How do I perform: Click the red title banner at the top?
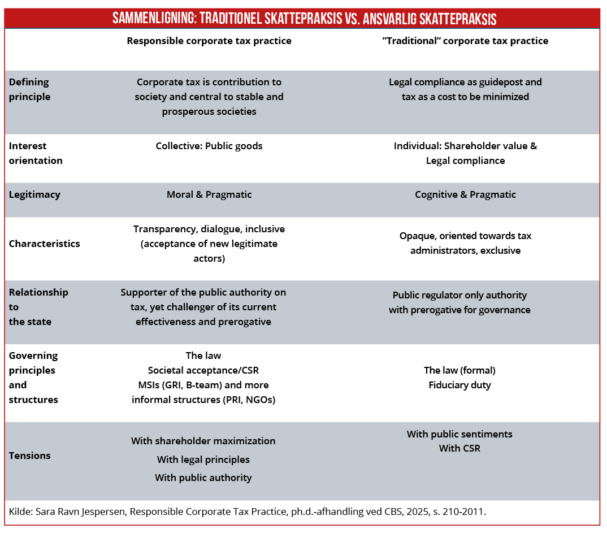303,18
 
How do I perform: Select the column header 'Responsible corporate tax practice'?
209,41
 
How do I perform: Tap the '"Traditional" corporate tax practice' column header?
465,41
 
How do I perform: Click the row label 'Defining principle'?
29,89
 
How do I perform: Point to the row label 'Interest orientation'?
36,153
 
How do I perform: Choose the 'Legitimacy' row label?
34,194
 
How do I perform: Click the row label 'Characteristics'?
44,244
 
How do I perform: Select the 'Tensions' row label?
29,456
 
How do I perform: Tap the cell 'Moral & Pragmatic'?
209,194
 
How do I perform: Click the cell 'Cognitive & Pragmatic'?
465,194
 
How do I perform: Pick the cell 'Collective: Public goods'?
209,146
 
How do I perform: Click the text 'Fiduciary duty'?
459,385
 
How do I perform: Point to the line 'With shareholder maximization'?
203,441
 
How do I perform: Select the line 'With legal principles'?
203,460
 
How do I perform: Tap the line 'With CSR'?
459,449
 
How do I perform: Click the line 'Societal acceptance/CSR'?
203,370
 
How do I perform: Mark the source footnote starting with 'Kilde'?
248,512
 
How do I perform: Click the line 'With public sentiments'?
459,434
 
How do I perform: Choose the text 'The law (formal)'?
459,370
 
